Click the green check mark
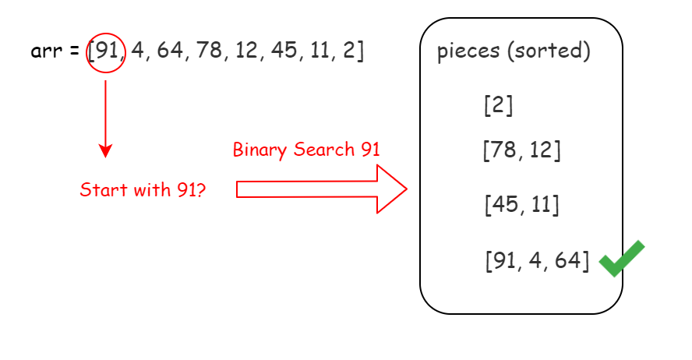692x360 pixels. point(622,259)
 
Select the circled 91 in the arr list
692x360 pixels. point(105,52)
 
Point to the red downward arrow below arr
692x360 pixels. point(106,118)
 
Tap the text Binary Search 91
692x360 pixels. point(306,150)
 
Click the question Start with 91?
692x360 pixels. point(143,189)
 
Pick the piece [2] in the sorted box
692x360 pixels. point(498,105)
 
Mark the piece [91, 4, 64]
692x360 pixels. point(537,260)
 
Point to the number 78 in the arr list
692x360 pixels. point(207,52)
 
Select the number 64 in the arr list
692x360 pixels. point(168,52)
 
